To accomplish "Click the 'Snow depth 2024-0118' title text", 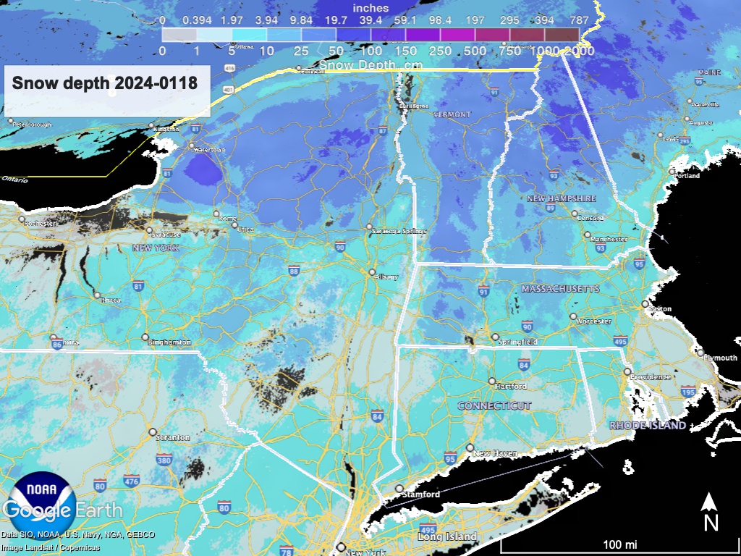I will tap(105, 83).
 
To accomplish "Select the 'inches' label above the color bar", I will tap(370, 8).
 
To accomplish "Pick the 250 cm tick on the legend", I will tap(440, 51).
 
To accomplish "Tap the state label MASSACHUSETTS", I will tap(560, 289).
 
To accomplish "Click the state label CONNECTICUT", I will tap(494, 406).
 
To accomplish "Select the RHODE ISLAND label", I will tap(647, 425).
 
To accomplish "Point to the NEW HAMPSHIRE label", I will tap(561, 198).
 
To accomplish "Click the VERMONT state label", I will tap(452, 114).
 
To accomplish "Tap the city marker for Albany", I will tap(372, 273).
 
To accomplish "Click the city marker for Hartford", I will tap(492, 381).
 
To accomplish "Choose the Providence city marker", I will tap(627, 371).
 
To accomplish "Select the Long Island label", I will tap(447, 536).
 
